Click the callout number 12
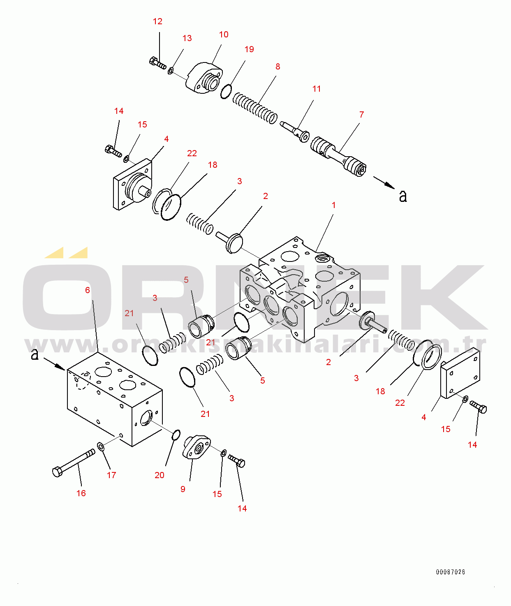[157, 21]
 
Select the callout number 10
[224, 35]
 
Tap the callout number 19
[249, 49]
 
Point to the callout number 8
[278, 67]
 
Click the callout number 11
[317, 89]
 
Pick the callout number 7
[362, 115]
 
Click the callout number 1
[334, 205]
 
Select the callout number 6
[88, 290]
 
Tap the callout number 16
[81, 493]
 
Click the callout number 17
[111, 475]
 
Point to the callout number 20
[160, 475]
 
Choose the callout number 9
[183, 489]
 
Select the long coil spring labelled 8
[255, 109]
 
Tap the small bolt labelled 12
[157, 63]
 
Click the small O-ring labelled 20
[176, 435]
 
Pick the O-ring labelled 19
[226, 92]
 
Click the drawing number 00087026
[451, 572]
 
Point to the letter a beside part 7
[403, 196]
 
